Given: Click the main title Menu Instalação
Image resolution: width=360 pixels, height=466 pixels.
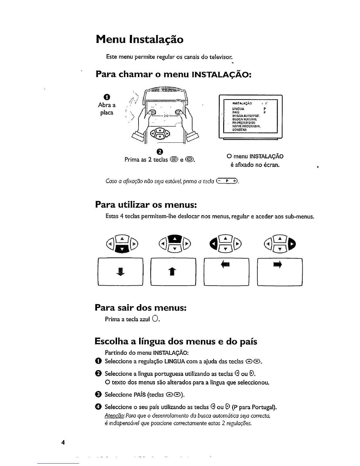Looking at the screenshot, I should [x=139, y=39].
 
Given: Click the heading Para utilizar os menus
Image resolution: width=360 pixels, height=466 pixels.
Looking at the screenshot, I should [x=146, y=204].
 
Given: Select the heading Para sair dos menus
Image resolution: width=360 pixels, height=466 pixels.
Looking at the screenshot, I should [x=141, y=308].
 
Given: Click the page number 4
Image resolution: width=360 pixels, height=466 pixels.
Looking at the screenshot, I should [x=63, y=442].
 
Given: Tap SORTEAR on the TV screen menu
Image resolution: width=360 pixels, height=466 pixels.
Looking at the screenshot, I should [x=239, y=130].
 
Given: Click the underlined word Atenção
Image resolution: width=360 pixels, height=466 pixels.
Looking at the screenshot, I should [x=111, y=416].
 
